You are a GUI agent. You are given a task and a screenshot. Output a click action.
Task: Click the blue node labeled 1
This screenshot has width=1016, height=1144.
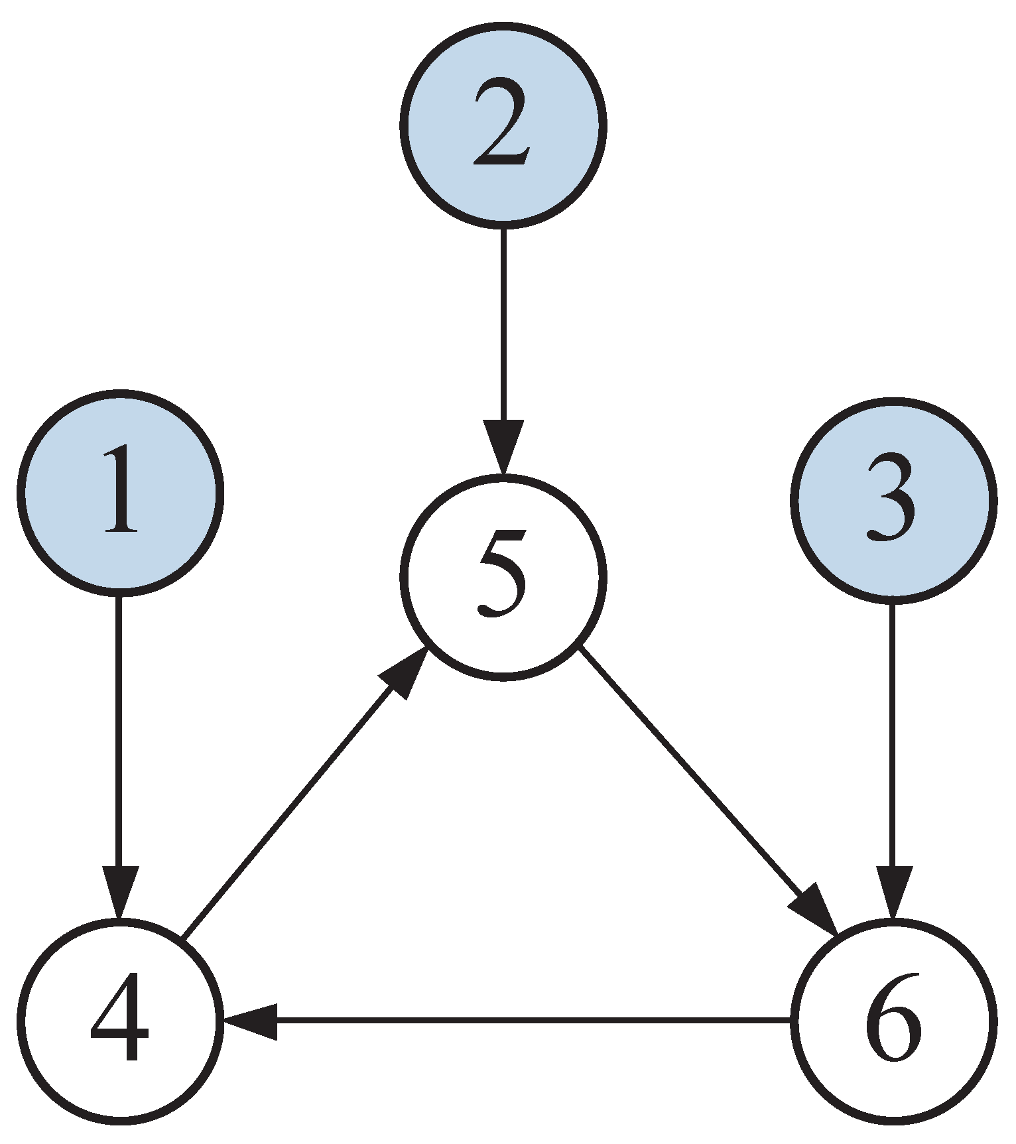pos(120,492)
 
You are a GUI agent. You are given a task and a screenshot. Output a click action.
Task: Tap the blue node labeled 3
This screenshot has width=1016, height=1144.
pos(893,501)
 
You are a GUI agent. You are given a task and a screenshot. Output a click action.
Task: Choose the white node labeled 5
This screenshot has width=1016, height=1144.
pos(503,577)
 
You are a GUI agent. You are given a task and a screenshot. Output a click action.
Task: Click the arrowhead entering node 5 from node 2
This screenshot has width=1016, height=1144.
pos(503,444)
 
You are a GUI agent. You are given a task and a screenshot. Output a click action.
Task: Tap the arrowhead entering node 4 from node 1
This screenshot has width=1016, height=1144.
pos(119,890)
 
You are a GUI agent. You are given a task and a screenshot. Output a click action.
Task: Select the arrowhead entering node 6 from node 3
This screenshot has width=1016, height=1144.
pos(893,890)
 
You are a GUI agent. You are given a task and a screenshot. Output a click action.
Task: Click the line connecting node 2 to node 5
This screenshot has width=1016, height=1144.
pos(503,325)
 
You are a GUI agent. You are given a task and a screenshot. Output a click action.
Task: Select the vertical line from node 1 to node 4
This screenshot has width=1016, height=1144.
pos(119,730)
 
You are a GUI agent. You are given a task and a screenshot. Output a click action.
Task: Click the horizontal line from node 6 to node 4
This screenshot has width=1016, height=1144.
pos(531,1021)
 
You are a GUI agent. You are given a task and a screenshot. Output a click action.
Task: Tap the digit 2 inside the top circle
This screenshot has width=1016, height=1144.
pos(501,123)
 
